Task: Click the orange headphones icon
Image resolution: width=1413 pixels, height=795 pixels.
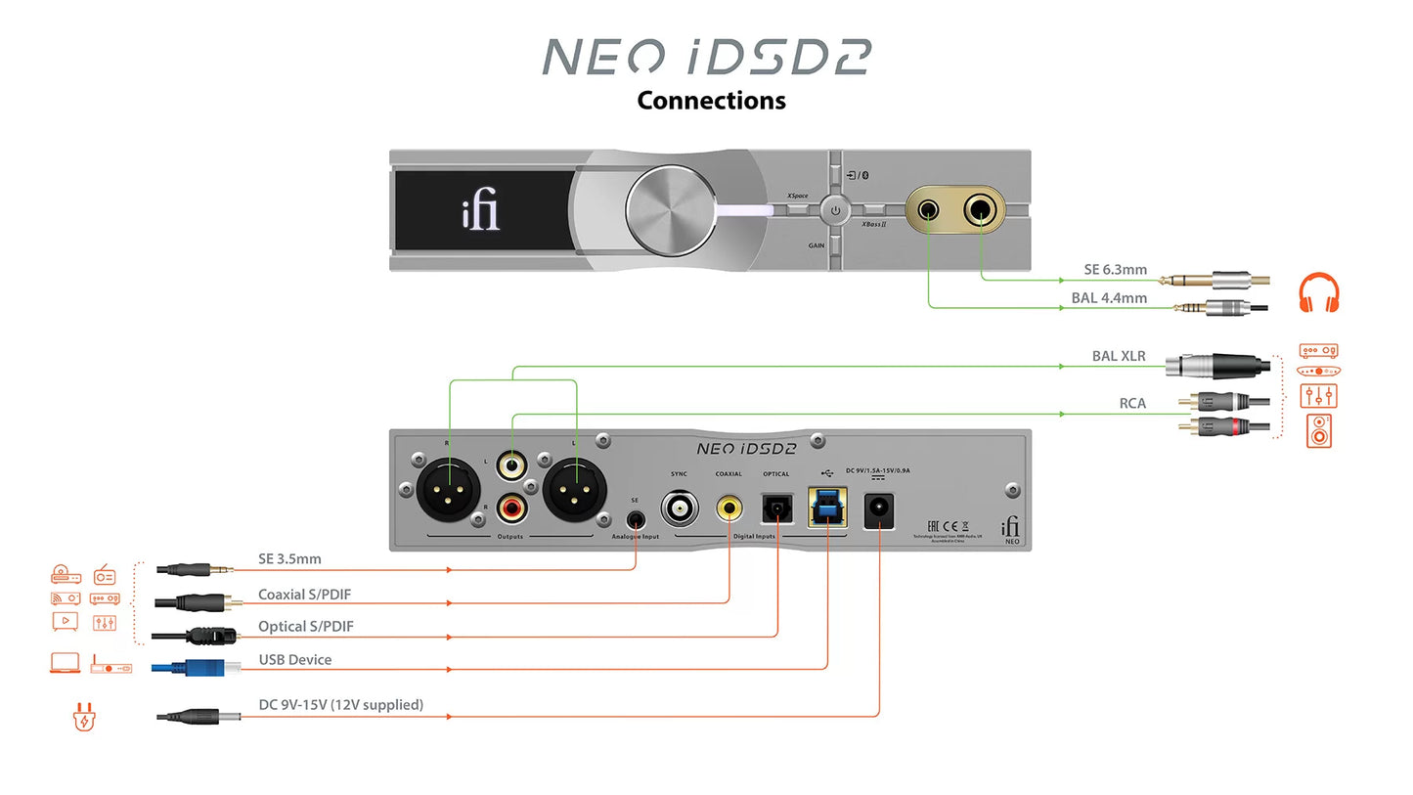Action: (1318, 293)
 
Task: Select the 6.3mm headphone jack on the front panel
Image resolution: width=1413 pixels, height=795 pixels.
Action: (980, 209)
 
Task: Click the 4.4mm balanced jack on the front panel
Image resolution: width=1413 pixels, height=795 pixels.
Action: (928, 209)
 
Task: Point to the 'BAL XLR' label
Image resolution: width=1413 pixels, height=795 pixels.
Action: (1119, 356)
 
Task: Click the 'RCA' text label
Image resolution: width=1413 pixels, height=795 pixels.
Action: (1132, 403)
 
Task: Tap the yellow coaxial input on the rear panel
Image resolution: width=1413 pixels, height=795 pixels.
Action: (729, 507)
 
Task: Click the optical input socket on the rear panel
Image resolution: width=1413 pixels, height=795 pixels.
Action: (777, 507)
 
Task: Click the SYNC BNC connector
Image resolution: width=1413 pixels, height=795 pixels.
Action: (679, 508)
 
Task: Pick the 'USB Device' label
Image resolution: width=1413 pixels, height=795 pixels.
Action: (294, 660)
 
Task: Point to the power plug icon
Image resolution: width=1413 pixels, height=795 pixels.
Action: (84, 719)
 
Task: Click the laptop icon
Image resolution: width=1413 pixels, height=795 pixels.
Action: (65, 664)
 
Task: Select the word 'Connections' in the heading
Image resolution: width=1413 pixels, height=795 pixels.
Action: (711, 100)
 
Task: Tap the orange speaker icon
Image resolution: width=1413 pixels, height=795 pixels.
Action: (1319, 430)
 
